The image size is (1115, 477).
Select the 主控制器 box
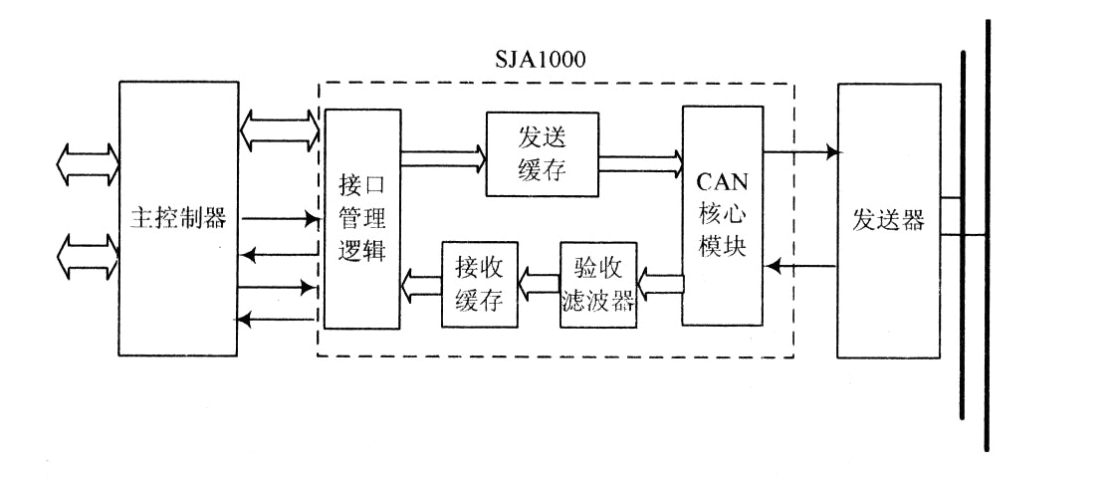click(x=178, y=218)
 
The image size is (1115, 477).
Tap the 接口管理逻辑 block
click(x=361, y=218)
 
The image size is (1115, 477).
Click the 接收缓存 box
click(x=481, y=283)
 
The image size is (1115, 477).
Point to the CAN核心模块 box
click(x=723, y=215)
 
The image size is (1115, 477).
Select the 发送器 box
click(x=888, y=220)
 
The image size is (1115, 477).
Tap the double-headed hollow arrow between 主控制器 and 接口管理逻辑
click(x=278, y=129)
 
